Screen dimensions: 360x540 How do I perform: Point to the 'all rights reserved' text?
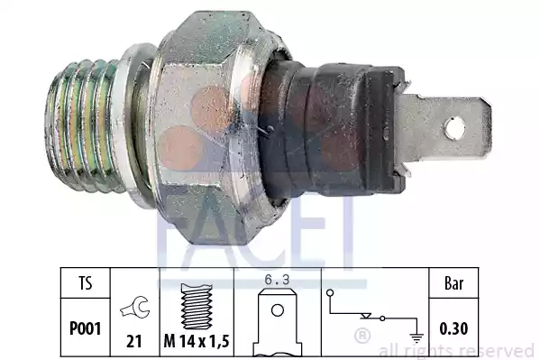[x=457, y=350]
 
